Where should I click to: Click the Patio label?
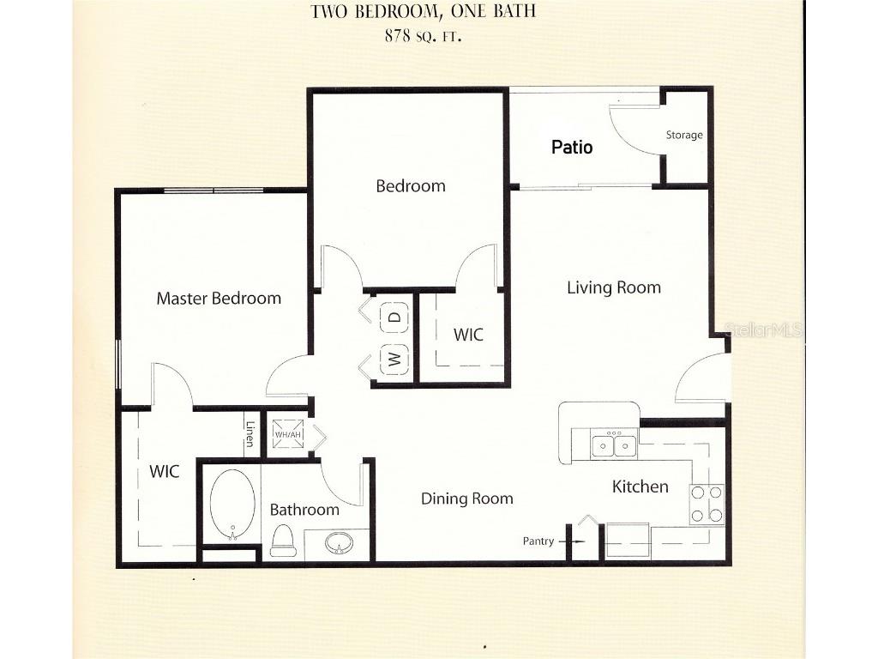572,147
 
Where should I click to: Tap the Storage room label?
684,135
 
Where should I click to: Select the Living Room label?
614,287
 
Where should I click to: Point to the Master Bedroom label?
219,299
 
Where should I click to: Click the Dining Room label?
467,499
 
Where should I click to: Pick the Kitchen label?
640,487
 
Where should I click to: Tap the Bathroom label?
304,510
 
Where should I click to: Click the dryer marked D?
394,317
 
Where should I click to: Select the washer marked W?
394,359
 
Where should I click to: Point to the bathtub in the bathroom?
233,504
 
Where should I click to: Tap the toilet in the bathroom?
283,540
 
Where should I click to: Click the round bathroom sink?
340,544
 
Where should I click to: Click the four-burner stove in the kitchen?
707,504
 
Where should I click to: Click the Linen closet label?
250,434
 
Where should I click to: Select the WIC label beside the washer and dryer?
468,335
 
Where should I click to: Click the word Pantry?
539,541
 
